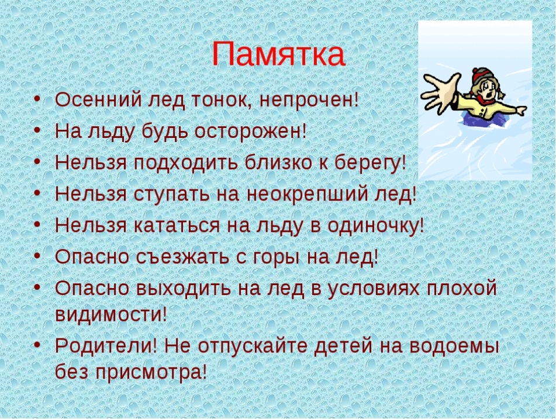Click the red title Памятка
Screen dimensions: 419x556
278,54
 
